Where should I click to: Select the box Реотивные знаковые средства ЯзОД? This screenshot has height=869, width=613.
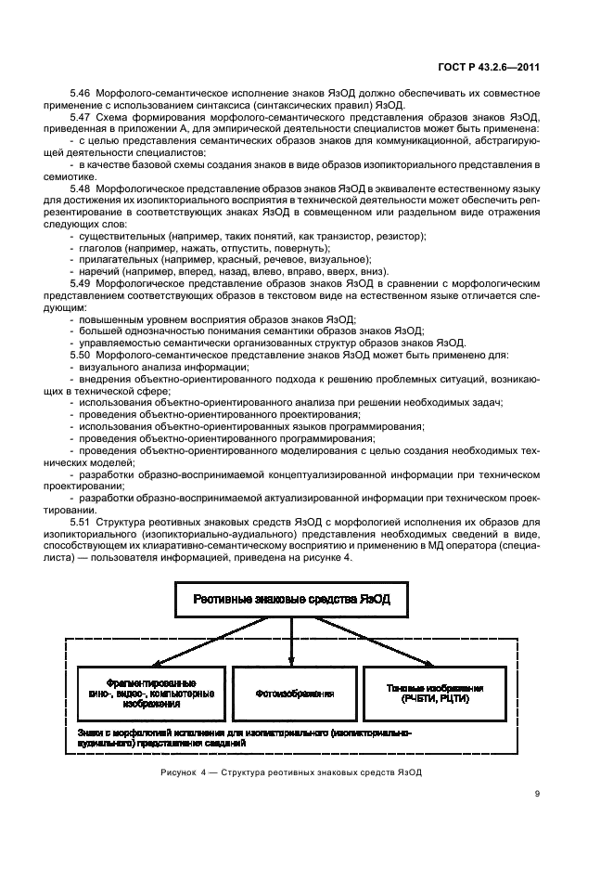(292, 601)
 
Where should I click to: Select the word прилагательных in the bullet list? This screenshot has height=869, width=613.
(116, 260)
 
